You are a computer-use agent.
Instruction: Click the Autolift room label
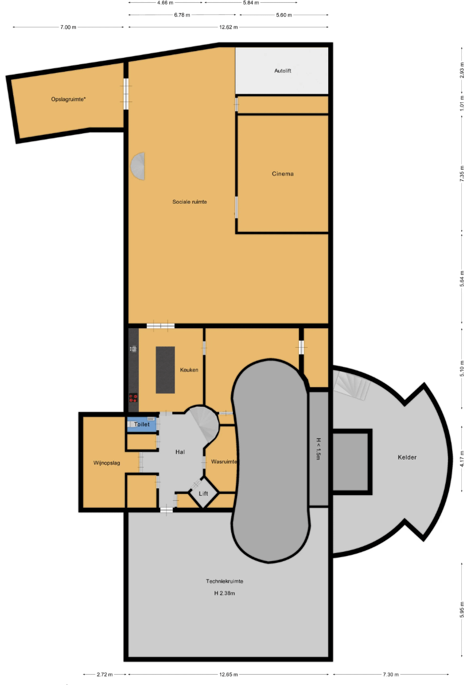click(283, 71)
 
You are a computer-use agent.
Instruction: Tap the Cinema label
click(283, 174)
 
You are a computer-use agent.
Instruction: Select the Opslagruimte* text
click(68, 99)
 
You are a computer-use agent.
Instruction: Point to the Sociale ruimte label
click(189, 202)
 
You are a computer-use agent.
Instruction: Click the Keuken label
click(189, 370)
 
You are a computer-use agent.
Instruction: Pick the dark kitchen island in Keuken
click(166, 370)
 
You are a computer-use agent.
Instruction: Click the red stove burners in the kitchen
click(133, 398)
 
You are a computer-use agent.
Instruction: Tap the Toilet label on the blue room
click(142, 425)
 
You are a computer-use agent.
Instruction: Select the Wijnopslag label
click(107, 463)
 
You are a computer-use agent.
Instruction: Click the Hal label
click(180, 452)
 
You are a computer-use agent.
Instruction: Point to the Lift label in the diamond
click(204, 493)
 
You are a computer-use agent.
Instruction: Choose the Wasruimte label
click(224, 462)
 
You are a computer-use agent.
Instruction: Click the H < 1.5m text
click(318, 449)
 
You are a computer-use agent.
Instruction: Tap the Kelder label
click(407, 457)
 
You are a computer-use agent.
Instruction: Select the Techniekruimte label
click(224, 582)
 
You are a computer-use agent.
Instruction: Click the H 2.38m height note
click(224, 593)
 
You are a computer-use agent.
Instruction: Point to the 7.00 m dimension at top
click(68, 27)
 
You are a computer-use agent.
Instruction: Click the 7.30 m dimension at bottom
click(391, 675)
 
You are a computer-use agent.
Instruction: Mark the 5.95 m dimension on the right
click(462, 610)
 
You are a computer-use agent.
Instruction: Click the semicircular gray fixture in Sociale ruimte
click(138, 166)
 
